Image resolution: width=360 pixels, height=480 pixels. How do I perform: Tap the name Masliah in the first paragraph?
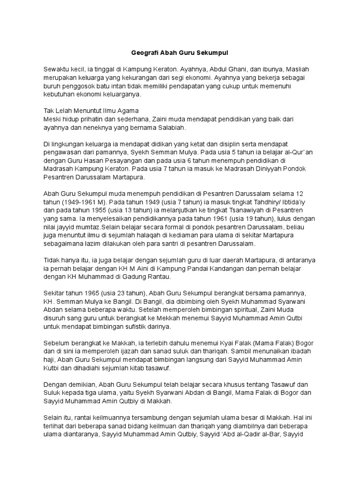point(297,69)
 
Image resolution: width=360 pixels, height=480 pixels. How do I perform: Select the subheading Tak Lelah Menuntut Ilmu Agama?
point(91,111)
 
